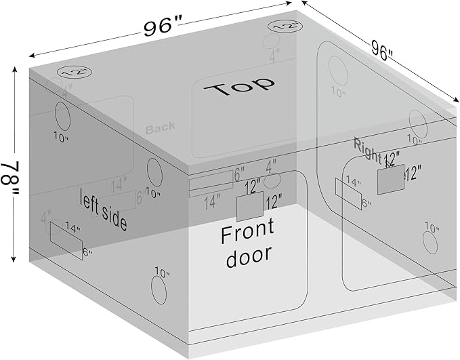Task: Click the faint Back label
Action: [160, 126]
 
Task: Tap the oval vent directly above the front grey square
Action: [272, 180]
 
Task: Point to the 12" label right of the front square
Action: [274, 202]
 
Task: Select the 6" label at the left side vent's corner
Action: [87, 253]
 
